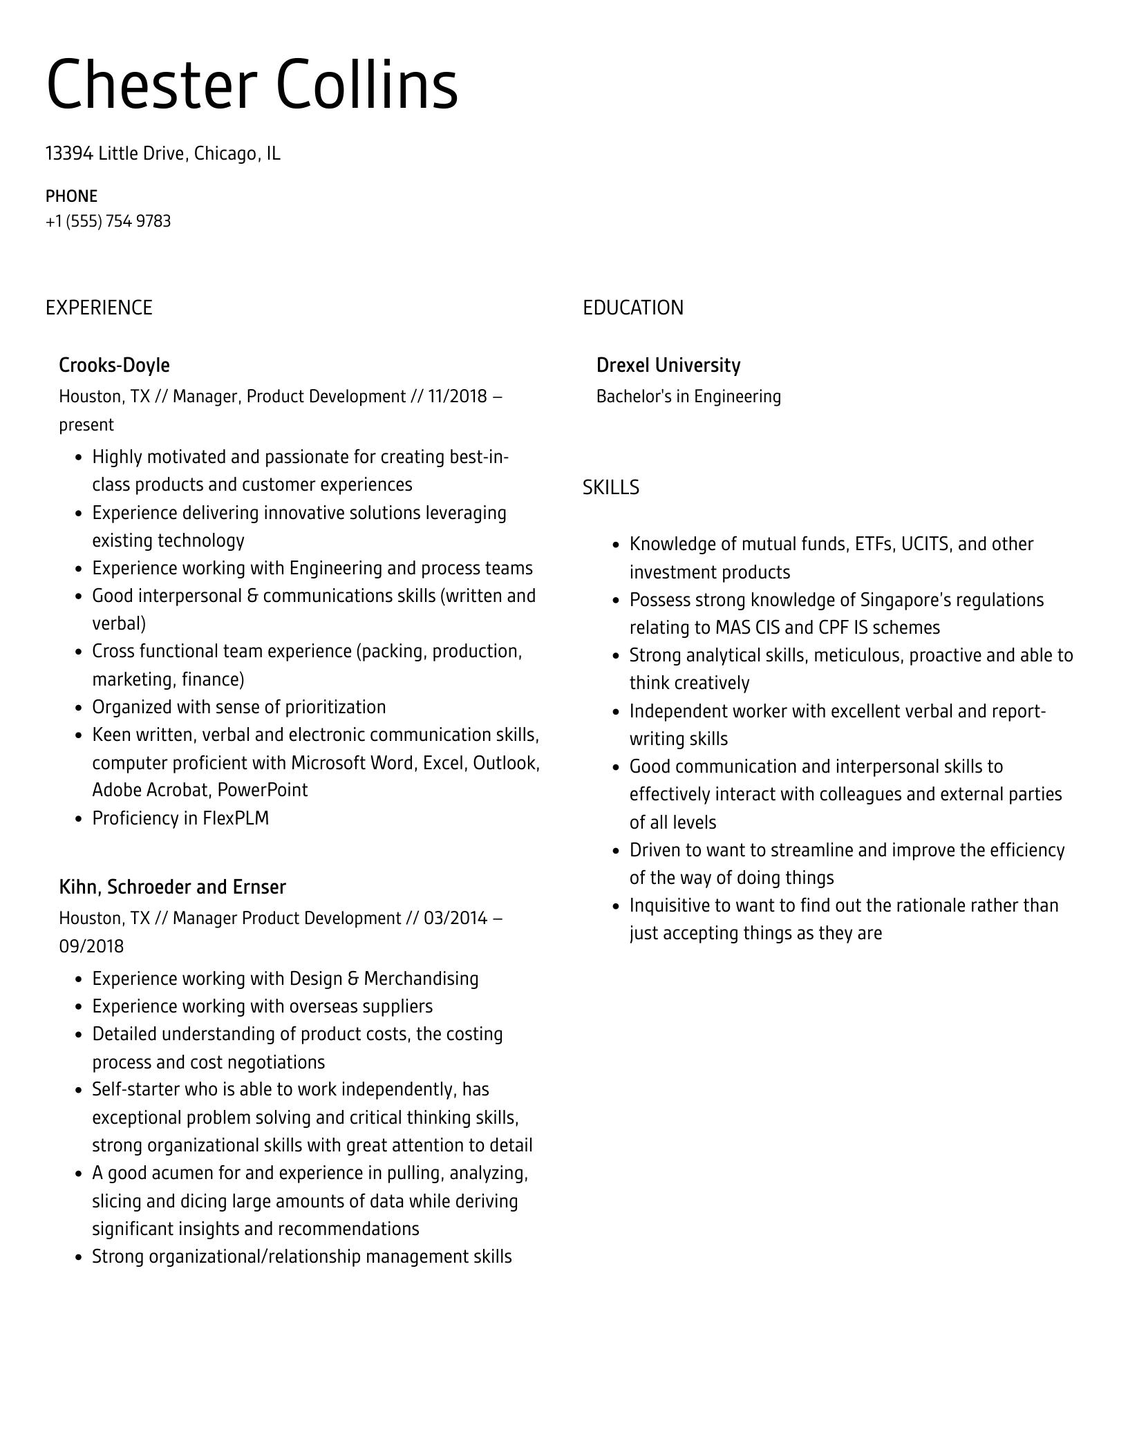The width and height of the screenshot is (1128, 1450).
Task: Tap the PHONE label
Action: (x=71, y=196)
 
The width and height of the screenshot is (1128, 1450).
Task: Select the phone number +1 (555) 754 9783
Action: (x=108, y=221)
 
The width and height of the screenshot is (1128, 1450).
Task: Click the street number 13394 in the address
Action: (x=69, y=153)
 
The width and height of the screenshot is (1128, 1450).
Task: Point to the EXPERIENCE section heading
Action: (x=99, y=308)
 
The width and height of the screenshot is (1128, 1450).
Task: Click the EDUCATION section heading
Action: (x=632, y=308)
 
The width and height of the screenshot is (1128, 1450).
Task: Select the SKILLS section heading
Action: (x=610, y=488)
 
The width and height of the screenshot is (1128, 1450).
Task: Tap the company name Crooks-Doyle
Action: (x=114, y=365)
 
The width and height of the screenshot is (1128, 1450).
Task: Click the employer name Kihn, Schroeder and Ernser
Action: (x=172, y=887)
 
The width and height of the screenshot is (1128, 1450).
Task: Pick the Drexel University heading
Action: (x=668, y=365)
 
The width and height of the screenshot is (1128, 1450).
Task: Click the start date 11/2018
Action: (x=457, y=397)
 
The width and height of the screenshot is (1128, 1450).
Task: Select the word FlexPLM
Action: (x=236, y=818)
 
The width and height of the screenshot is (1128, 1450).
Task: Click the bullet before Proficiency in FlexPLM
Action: (x=78, y=820)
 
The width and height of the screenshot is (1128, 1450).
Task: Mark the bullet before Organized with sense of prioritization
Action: (x=78, y=708)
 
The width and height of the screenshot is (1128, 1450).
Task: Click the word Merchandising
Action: (x=421, y=979)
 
